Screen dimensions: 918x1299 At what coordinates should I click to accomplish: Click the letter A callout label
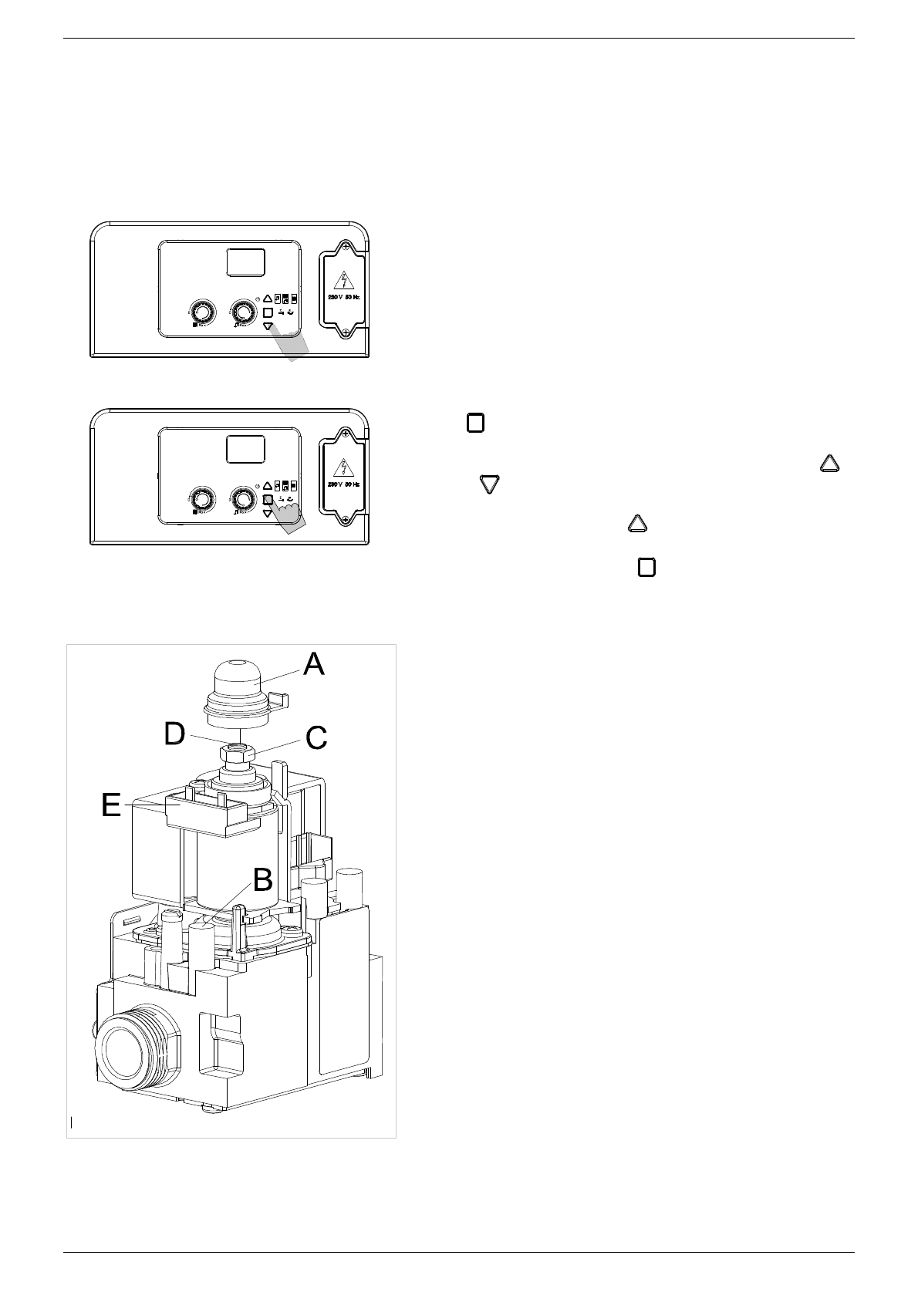(313, 663)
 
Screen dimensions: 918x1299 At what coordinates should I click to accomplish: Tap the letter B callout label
(263, 877)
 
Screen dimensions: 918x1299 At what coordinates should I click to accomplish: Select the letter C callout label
(316, 737)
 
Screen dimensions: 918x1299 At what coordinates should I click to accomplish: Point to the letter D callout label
(175, 734)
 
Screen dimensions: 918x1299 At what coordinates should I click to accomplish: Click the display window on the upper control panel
(246, 262)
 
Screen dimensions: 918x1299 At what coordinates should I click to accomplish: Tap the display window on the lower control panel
(246, 450)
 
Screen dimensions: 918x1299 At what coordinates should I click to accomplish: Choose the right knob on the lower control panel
(244, 498)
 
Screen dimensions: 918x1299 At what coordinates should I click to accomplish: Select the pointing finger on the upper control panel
(294, 344)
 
